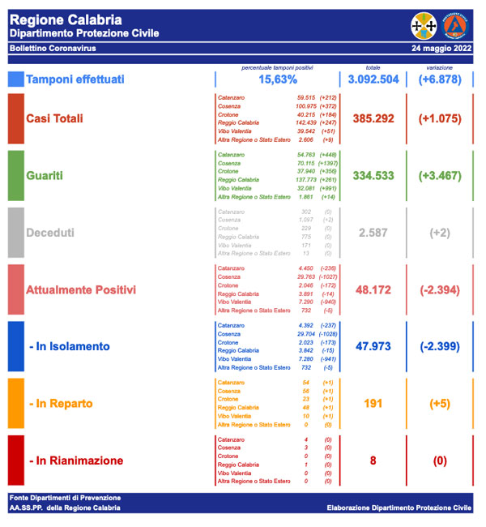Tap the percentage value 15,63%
(278, 79)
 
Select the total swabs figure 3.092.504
(373, 79)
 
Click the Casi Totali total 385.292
(373, 118)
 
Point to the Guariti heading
(46, 175)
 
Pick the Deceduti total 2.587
(373, 233)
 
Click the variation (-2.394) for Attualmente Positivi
(440, 289)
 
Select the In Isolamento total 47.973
(373, 346)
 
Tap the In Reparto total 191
(373, 403)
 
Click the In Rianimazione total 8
(373, 461)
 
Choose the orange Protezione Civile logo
(455, 25)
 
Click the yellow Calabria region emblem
(424, 25)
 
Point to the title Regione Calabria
(66, 19)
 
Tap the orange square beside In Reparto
(16, 403)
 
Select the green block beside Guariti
(16, 175)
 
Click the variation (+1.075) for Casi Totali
(440, 118)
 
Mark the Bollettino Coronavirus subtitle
(53, 49)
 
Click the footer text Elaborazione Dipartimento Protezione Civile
(399, 508)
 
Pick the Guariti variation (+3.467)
(440, 175)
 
